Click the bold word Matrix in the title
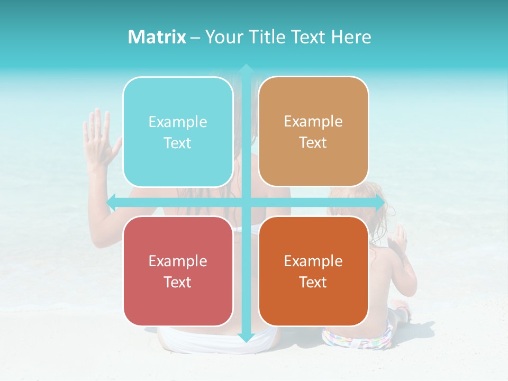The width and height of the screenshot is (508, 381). coord(157,37)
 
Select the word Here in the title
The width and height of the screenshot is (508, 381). coord(351,37)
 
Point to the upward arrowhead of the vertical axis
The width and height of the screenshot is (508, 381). coord(246,69)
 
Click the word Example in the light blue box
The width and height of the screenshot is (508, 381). coord(178,122)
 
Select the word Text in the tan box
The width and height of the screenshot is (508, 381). coord(313,143)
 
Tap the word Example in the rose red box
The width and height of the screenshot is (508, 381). coord(178,261)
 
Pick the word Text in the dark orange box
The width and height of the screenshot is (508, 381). coord(313,282)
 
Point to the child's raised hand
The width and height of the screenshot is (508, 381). coord(397,241)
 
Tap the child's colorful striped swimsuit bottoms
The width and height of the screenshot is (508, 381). coord(358,338)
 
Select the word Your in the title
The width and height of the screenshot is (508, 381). coord(222,37)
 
